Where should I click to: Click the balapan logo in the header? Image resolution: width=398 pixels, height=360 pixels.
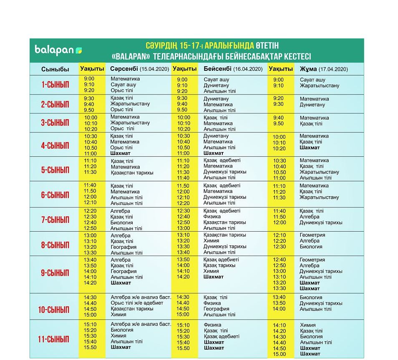[58, 50]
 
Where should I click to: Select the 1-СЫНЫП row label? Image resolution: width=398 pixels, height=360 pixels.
[55, 85]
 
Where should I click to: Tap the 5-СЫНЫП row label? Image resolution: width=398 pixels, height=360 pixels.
[55, 170]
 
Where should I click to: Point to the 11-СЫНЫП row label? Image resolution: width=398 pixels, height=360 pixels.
[53, 339]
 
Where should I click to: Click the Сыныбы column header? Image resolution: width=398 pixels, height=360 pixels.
[55, 69]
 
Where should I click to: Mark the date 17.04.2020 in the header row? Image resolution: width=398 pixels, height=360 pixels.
[333, 70]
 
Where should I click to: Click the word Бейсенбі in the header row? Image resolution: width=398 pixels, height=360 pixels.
[217, 69]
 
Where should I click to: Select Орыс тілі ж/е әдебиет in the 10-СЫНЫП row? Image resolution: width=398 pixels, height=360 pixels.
[137, 303]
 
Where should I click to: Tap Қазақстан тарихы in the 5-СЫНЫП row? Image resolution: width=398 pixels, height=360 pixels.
[131, 172]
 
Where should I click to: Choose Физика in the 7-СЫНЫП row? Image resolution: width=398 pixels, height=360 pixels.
[212, 217]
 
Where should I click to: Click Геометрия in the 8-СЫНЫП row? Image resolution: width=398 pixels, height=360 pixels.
[312, 235]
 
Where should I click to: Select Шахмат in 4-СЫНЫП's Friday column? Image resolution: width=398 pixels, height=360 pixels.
[310, 147]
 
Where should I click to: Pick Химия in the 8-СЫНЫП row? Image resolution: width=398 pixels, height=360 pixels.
[211, 241]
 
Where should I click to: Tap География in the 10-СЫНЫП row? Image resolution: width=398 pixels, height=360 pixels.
[217, 309]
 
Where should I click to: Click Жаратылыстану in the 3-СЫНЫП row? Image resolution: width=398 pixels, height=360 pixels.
[130, 123]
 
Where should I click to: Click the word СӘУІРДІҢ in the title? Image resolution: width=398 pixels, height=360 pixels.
[161, 45]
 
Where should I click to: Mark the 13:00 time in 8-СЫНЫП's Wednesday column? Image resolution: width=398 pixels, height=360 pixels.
[90, 235]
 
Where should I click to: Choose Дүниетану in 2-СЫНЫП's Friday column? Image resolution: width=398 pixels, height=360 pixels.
[312, 105]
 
